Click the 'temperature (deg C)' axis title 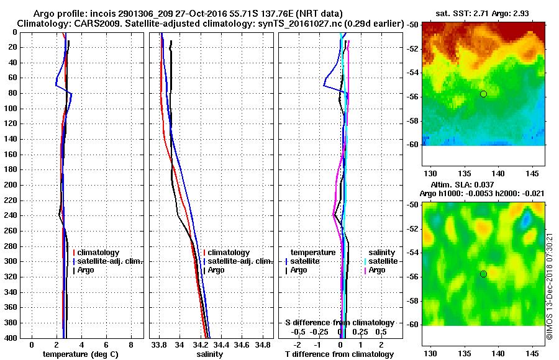point(81,354)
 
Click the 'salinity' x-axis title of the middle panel point(209,354)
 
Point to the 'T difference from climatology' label point(339,354)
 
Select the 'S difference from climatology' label point(340,323)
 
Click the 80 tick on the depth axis point(14,93)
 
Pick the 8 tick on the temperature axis point(131,344)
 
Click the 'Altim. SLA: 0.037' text point(459,185)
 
